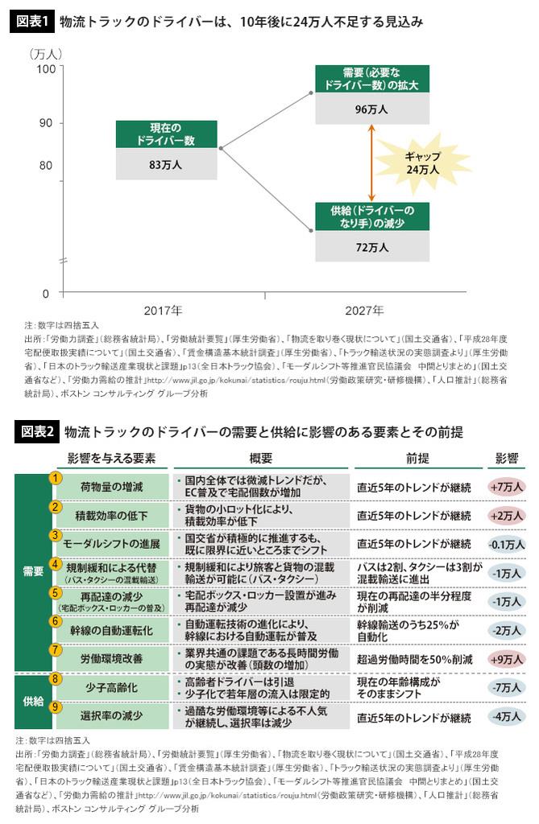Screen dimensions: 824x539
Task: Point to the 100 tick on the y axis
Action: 45,70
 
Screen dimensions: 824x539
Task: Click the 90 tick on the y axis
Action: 47,123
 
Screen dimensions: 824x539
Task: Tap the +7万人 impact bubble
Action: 507,487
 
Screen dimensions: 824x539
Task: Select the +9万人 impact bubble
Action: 507,657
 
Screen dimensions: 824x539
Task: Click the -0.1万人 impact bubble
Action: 507,543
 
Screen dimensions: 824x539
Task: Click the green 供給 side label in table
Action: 32,701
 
